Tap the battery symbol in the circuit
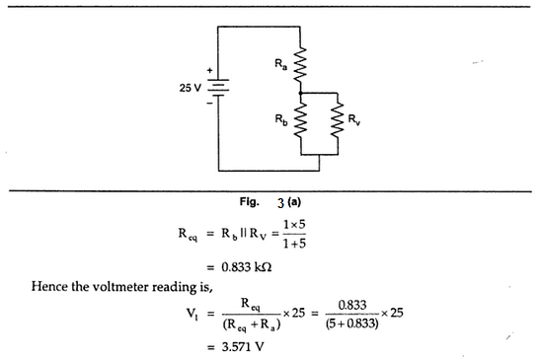click(x=217, y=88)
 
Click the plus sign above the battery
click(x=209, y=71)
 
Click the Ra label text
click(x=280, y=64)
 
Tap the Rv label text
click(x=355, y=122)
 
